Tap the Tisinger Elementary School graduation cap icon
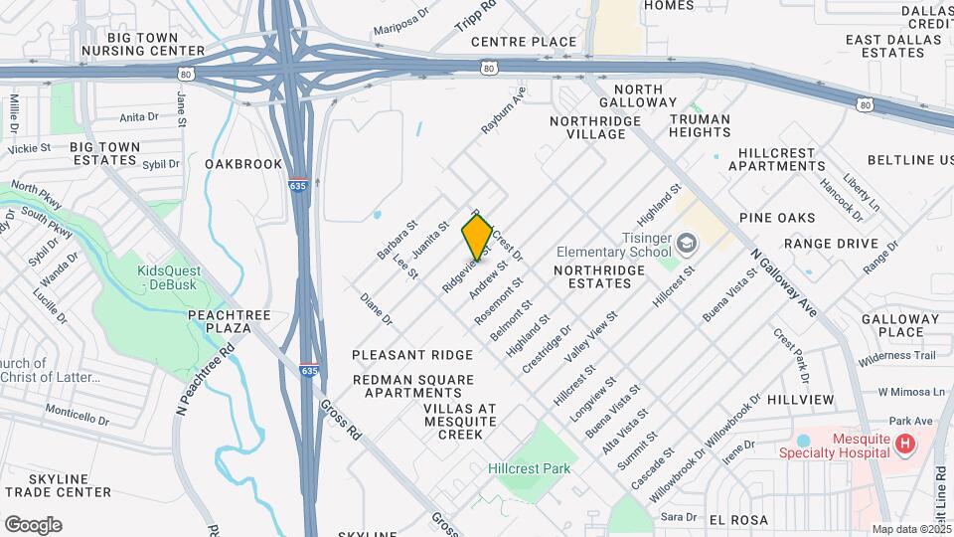tap(687, 243)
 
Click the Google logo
tap(33, 525)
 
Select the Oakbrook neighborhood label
tap(243, 164)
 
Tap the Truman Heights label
tap(700, 125)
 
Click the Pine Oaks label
tap(777, 218)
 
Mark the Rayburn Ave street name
tap(503, 110)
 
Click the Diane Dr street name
tap(377, 309)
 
